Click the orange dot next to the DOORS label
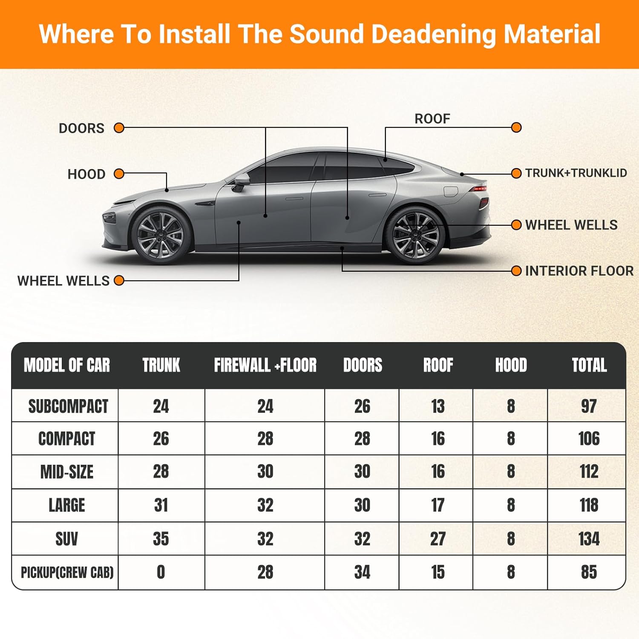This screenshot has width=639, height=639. (x=119, y=128)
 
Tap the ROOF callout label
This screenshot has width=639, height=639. (x=432, y=119)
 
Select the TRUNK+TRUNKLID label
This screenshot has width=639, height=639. (x=576, y=173)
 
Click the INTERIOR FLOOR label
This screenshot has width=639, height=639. (x=579, y=271)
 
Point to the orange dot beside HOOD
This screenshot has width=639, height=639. (x=119, y=174)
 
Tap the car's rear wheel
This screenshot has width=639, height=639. (x=415, y=235)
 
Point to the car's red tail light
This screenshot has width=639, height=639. (x=479, y=188)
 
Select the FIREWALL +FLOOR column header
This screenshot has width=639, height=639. (x=265, y=365)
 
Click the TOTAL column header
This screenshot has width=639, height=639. (x=589, y=365)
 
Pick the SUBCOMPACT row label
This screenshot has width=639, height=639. (x=68, y=406)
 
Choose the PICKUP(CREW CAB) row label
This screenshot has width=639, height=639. (x=67, y=572)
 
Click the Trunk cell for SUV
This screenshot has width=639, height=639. (x=161, y=539)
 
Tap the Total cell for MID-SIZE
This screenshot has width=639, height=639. (x=589, y=472)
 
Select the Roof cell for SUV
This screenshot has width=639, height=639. (x=438, y=539)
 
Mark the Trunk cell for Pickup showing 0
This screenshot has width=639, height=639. (x=161, y=572)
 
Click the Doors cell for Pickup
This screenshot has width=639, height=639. (x=362, y=572)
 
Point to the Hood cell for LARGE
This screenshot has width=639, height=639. (x=511, y=505)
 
